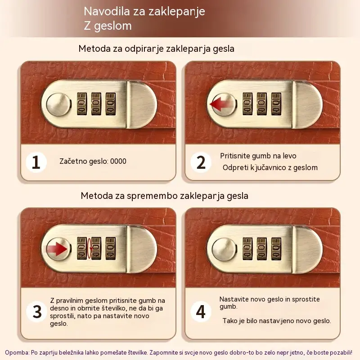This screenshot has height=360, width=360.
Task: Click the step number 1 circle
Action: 36,162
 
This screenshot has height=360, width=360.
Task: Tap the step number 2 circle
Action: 201,162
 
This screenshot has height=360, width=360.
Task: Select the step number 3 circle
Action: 37,311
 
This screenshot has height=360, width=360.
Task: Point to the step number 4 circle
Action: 201,311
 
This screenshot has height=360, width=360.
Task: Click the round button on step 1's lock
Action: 58,104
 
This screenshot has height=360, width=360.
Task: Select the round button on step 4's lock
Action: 224,250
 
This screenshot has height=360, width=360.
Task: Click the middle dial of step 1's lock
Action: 96,104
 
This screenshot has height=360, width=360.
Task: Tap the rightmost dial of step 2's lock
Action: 276,104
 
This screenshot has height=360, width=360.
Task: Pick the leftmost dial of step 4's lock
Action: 247,249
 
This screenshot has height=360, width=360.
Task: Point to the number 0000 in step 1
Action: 118,161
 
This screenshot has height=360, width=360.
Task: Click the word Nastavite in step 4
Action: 234,299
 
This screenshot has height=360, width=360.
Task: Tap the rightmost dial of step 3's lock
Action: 111,249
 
